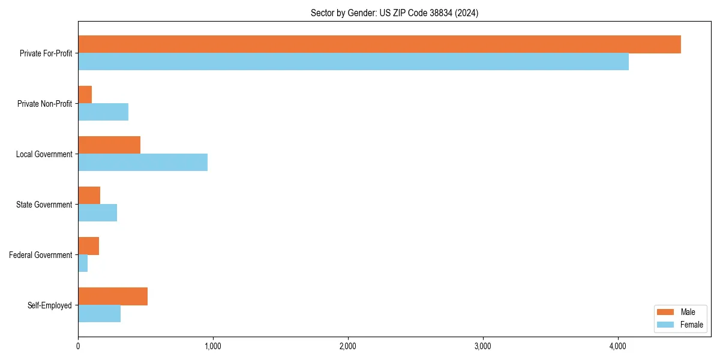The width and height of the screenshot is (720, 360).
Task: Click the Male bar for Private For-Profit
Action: [x=379, y=44]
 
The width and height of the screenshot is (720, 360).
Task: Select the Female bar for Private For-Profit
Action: [x=353, y=61]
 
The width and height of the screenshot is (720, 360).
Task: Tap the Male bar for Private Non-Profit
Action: [x=85, y=95]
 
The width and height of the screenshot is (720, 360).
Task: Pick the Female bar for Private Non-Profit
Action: [x=103, y=112]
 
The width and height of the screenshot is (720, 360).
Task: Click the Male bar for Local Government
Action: [x=109, y=145]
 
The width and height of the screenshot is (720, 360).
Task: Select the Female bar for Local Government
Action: [x=143, y=162]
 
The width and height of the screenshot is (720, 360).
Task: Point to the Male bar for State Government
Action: [x=89, y=196]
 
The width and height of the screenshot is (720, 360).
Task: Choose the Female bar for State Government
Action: [x=98, y=212]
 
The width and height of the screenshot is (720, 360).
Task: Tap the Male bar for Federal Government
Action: [x=89, y=246]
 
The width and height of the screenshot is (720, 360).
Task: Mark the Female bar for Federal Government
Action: [x=83, y=263]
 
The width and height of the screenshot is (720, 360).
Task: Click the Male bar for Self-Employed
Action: [x=113, y=296]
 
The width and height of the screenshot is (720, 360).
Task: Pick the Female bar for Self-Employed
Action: [x=100, y=313]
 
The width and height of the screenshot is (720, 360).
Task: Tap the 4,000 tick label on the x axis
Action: [x=618, y=346]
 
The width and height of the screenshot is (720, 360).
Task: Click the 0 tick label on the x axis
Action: [x=78, y=346]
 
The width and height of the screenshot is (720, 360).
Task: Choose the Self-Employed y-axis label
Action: [x=50, y=305]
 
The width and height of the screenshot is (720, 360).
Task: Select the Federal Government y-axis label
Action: [x=41, y=255]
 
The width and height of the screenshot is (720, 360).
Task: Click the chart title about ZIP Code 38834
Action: [x=394, y=13]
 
